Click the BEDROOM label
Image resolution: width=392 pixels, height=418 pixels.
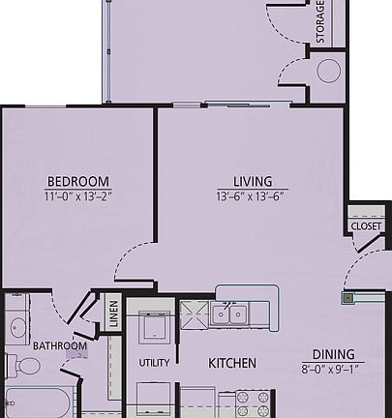[x=77, y=182]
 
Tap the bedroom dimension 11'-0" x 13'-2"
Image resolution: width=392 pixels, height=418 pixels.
[x=77, y=196]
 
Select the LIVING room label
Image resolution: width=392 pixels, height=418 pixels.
[x=252, y=182]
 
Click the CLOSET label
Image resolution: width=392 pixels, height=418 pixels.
[x=366, y=226]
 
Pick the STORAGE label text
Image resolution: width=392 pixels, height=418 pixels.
[x=320, y=21]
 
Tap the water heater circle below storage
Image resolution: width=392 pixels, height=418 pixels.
[x=329, y=70]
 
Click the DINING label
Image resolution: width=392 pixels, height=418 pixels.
[x=332, y=354]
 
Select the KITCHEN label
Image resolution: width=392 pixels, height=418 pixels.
[x=232, y=364]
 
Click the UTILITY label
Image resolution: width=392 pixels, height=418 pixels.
[x=154, y=364]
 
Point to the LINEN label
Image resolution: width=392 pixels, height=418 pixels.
[x=113, y=314]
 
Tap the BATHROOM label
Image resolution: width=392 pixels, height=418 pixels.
[x=60, y=346]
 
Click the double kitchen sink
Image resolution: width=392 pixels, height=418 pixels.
[x=230, y=313]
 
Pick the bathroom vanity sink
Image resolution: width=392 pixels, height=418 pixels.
[x=17, y=327]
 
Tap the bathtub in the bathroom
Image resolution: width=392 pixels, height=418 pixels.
[x=39, y=404]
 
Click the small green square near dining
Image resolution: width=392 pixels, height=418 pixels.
[x=347, y=299]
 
